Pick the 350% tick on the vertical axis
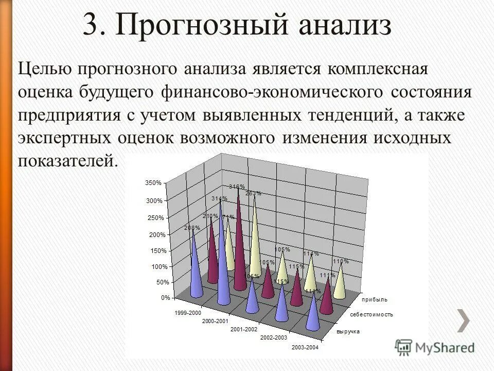tap(153, 183)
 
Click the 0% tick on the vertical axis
tap(157, 298)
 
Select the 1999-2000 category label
tap(188, 313)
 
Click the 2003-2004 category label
tap(305, 347)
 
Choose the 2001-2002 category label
tap(244, 329)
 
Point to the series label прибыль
tap(375, 299)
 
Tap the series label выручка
tap(348, 332)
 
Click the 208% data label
tap(192, 227)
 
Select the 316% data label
tap(236, 187)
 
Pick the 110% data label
tap(341, 261)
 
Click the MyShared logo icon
tap(404, 346)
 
